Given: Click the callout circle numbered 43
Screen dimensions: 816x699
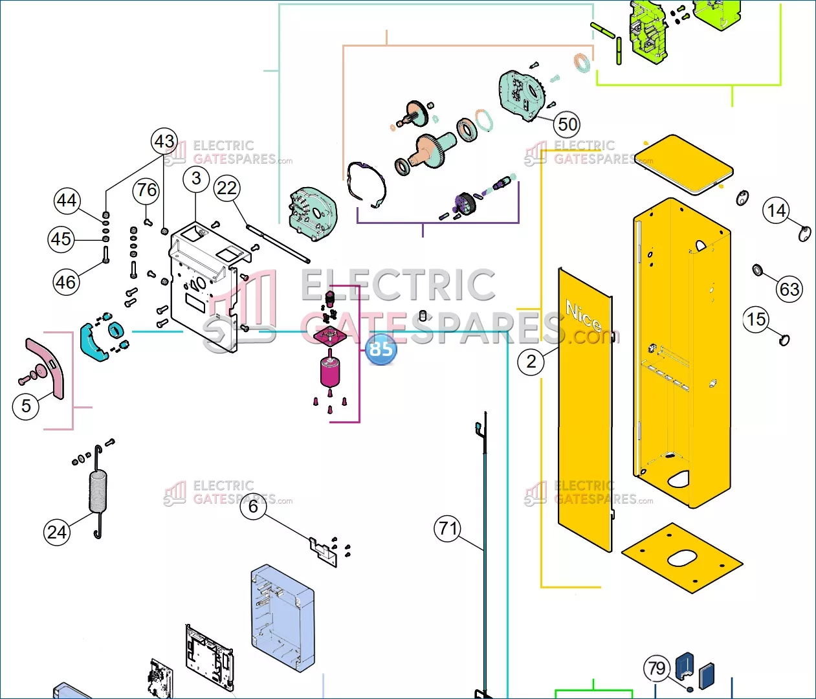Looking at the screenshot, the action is point(164,141).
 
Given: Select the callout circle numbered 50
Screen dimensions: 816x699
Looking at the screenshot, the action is point(567,124).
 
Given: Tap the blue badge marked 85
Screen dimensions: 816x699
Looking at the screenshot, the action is point(380,349).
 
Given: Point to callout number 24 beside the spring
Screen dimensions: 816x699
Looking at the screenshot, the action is point(57,533).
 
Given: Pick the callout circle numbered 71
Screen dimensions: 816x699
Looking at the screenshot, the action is point(448,528).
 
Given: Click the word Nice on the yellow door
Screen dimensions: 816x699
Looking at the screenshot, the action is point(584,315).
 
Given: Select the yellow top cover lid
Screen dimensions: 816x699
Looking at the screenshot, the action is point(684,164).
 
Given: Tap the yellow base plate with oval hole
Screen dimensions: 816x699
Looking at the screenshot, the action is point(682,558).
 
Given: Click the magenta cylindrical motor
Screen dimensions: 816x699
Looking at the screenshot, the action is point(329,372).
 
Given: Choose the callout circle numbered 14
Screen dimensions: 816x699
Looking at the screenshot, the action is point(776,210).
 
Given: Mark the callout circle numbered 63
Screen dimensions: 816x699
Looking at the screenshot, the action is point(789,289).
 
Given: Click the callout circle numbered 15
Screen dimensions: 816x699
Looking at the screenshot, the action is point(756,319).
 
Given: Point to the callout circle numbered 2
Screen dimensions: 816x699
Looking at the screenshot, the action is point(531,361).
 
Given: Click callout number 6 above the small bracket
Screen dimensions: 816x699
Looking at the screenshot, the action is point(253,507).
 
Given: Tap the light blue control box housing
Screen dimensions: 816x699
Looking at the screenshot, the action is point(283,618).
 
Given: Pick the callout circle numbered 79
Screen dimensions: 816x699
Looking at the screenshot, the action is point(657,668).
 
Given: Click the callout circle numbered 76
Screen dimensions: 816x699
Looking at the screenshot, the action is point(146,190).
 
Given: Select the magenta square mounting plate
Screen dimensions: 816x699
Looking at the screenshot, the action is point(330,336).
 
